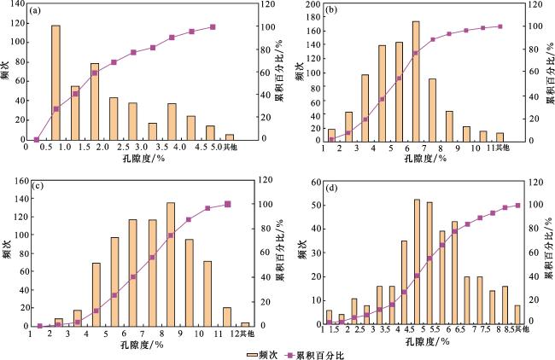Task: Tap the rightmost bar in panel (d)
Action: tap(517, 315)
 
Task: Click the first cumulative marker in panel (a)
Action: tap(37, 139)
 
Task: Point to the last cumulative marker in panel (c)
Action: tap(228, 204)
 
